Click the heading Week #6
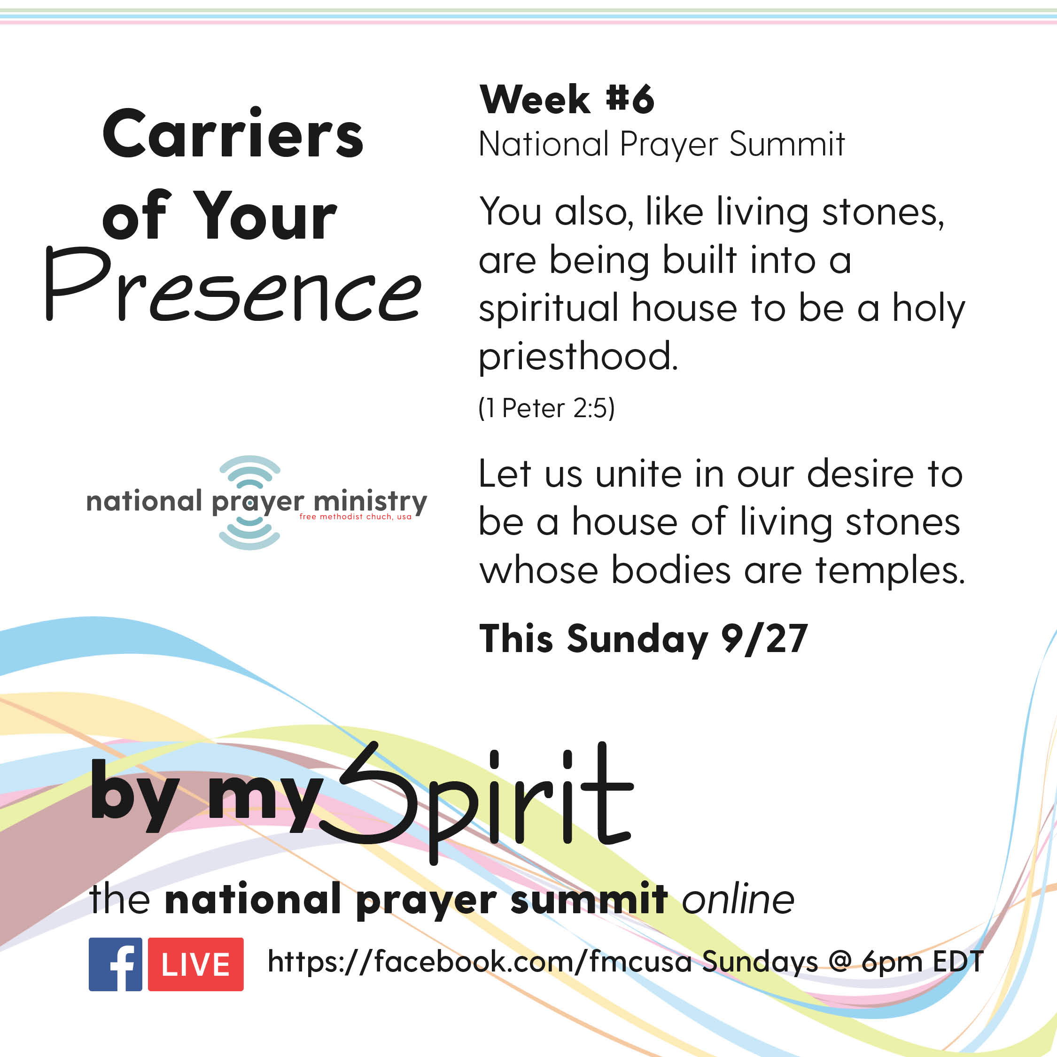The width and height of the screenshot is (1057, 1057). click(567, 100)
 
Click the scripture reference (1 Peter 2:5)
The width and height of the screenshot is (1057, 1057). click(546, 408)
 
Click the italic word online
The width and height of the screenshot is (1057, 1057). click(738, 900)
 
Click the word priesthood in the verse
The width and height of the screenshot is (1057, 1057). click(578, 357)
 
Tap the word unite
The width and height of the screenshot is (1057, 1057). click(638, 474)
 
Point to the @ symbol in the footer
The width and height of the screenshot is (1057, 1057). click(840, 963)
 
